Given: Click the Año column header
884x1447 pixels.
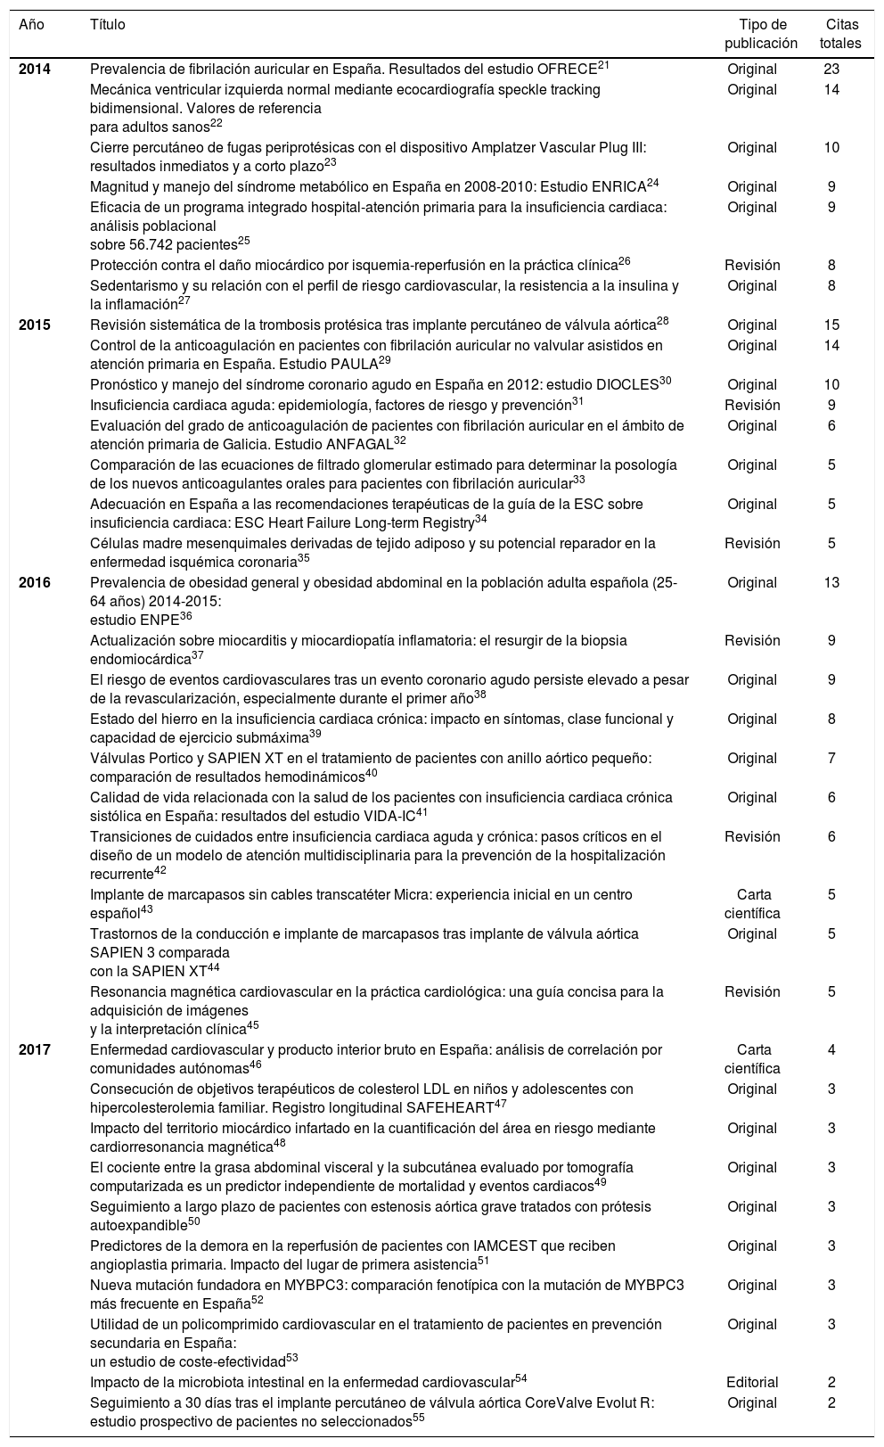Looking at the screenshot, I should pyautogui.click(x=31, y=25).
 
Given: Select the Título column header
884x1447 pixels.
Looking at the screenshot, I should pyautogui.click(x=107, y=25).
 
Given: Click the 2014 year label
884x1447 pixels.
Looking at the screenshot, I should pyautogui.click(x=35, y=70).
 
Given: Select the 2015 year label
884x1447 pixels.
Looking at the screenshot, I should pyautogui.click(x=35, y=325).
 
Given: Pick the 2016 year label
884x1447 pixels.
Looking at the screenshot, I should pyautogui.click(x=35, y=583).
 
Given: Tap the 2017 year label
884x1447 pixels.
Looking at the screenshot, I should pyautogui.click(x=35, y=1050).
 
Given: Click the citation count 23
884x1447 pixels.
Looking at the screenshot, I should pyautogui.click(x=831, y=70).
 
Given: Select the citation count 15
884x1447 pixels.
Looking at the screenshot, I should pyautogui.click(x=831, y=325).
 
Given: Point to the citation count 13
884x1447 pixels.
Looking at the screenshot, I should pyautogui.click(x=831, y=583).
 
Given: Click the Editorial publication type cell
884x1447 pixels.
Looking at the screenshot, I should pyautogui.click(x=752, y=1383).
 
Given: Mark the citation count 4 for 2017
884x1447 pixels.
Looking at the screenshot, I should pyautogui.click(x=831, y=1050).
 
